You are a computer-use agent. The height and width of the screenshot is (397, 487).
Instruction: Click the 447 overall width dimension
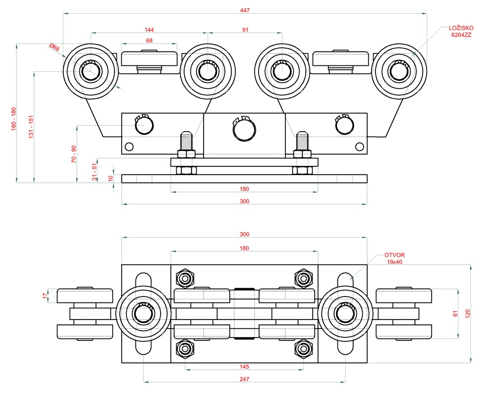[245, 10]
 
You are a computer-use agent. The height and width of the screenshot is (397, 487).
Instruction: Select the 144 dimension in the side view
[149, 30]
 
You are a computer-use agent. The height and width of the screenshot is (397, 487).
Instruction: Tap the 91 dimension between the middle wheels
[245, 30]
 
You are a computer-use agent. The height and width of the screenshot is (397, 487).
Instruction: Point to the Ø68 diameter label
[54, 48]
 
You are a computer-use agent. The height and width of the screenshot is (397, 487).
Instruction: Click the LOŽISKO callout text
[461, 28]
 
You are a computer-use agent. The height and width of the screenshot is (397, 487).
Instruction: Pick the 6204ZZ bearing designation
[461, 36]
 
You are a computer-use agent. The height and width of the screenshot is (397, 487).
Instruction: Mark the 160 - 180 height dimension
[14, 118]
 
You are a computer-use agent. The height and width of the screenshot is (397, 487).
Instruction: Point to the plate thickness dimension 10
[111, 179]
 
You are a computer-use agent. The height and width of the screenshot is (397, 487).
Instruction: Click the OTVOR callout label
[394, 255]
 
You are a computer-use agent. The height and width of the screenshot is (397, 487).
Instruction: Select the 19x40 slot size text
[395, 262]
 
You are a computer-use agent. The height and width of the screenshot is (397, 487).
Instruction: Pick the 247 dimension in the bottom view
[244, 378]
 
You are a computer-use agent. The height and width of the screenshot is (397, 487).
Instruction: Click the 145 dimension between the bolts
[244, 366]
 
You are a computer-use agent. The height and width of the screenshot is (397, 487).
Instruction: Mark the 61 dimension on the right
[456, 314]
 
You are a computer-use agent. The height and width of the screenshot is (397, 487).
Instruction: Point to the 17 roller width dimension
[45, 296]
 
